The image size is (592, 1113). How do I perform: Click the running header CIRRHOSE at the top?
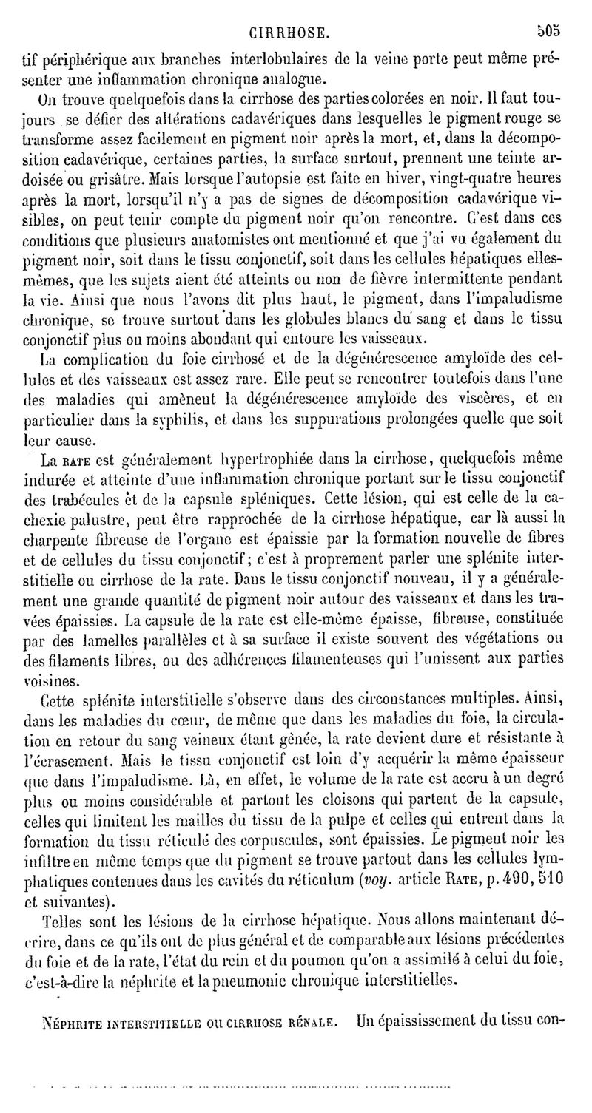pyautogui.click(x=289, y=32)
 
